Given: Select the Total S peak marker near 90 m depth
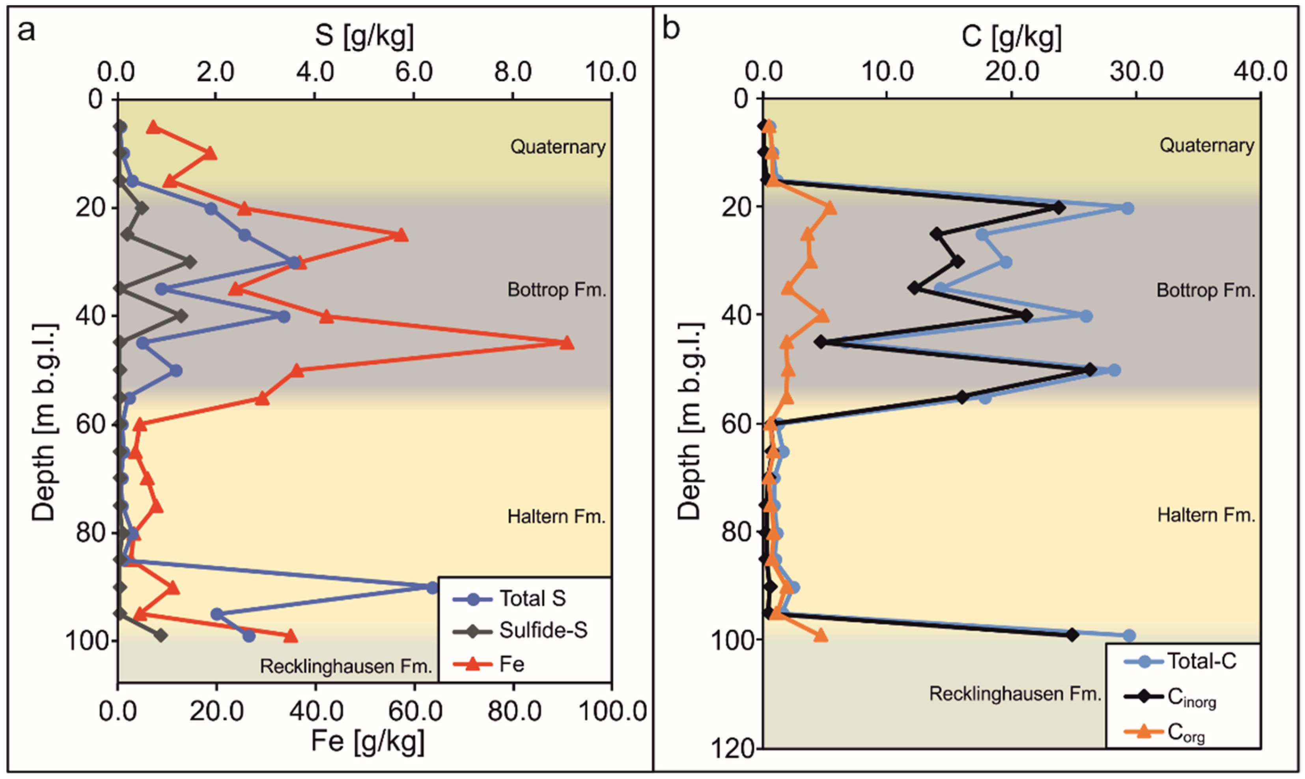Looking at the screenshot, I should coord(432,588).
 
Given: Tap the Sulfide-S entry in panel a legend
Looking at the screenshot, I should coord(543,631).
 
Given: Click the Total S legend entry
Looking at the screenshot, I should coord(532,598).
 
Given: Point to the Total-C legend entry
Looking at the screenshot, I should coord(1201,661).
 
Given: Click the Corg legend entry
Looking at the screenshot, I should coord(1186,732).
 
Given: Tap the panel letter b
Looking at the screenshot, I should coord(671,29).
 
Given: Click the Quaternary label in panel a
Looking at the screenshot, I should coord(558,146).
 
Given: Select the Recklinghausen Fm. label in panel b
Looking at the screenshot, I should coord(1016,694).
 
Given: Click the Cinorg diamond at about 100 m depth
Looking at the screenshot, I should coord(1073,635).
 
